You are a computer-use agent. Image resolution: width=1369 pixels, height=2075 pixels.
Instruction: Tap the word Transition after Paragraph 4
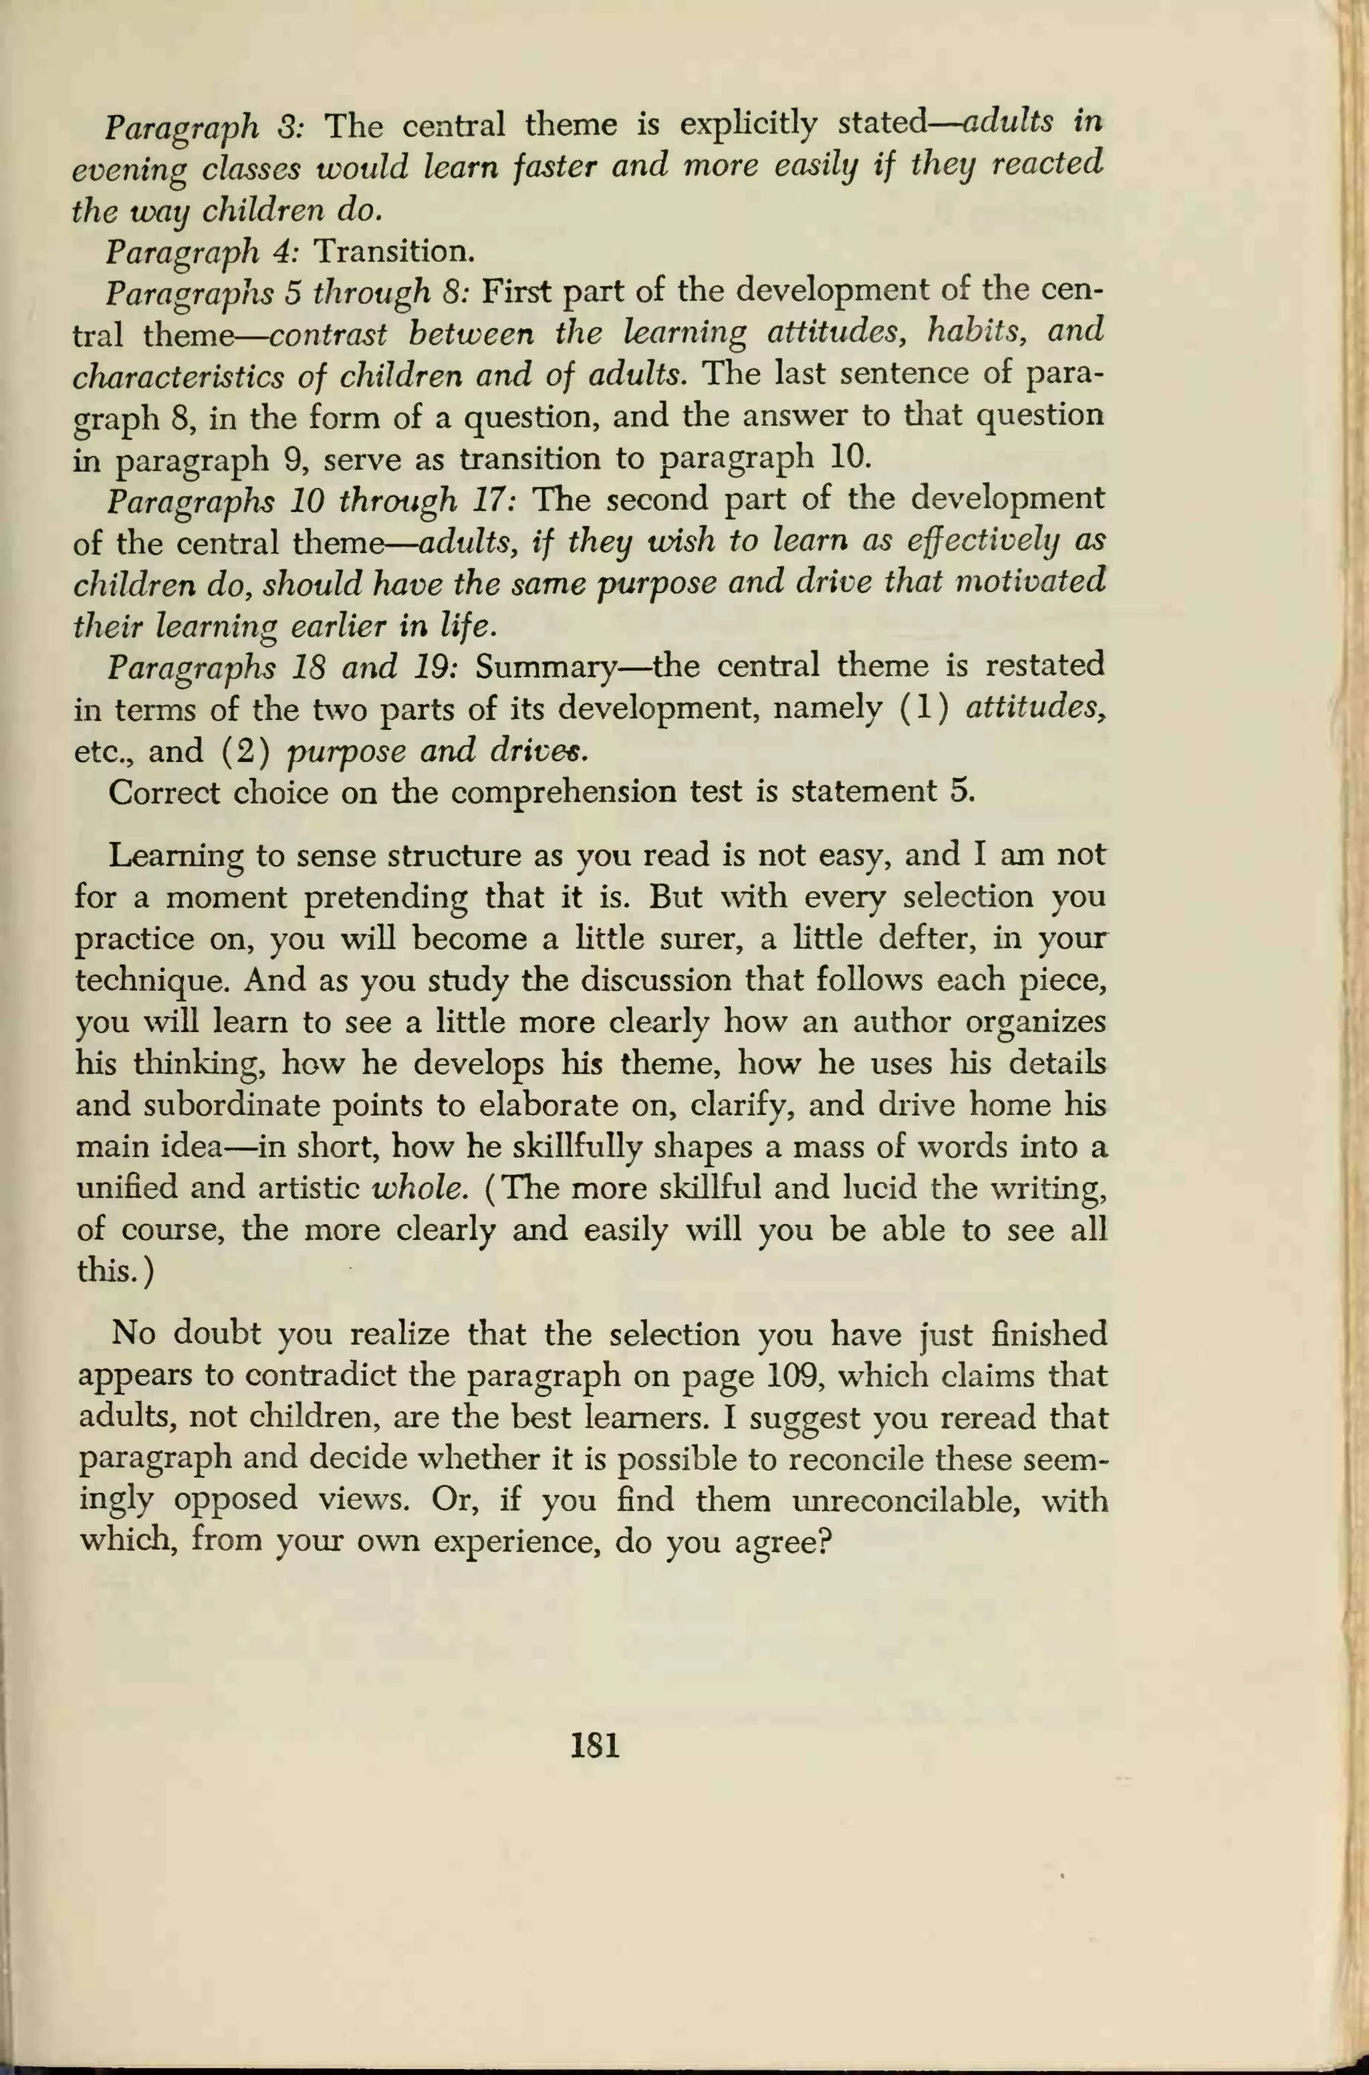tap(393, 252)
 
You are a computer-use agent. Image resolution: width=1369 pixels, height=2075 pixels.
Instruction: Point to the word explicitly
tap(747, 125)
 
